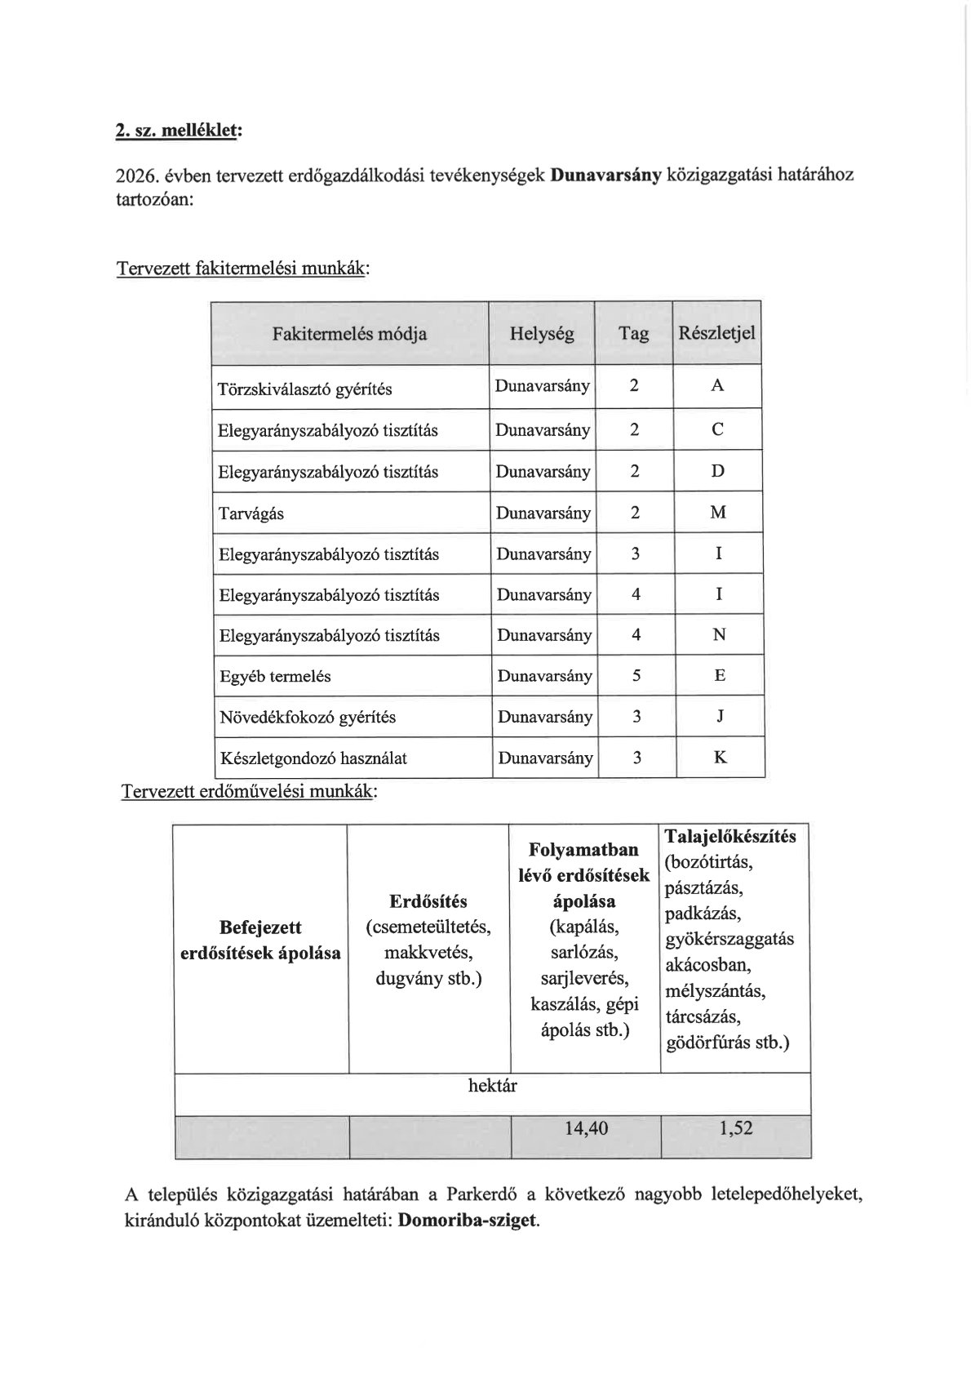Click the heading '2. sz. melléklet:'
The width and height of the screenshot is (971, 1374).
click(179, 131)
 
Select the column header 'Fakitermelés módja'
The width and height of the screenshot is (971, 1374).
click(349, 334)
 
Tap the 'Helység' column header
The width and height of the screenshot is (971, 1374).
click(542, 333)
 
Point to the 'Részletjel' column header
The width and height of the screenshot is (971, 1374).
click(716, 333)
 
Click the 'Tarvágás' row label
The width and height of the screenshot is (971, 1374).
click(251, 514)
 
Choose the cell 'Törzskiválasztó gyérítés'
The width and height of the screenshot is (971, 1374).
click(305, 389)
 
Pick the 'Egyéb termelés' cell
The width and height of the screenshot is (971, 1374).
click(275, 677)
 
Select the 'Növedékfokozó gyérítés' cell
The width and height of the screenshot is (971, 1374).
click(308, 718)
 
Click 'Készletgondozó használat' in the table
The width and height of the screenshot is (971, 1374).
click(313, 758)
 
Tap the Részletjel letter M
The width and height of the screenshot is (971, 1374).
click(718, 513)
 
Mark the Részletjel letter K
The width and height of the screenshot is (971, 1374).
click(720, 758)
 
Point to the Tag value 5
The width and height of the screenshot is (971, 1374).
click(636, 676)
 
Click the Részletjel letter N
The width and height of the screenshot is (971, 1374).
click(719, 635)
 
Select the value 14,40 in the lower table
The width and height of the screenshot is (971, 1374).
click(586, 1128)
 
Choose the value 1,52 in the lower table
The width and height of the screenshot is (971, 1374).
click(736, 1128)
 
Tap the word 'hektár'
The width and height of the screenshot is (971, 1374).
click(492, 1086)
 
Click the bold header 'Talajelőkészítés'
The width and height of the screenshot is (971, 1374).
click(730, 837)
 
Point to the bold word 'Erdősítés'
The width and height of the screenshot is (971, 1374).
click(428, 901)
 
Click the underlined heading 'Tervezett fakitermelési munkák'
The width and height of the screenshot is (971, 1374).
click(242, 269)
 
